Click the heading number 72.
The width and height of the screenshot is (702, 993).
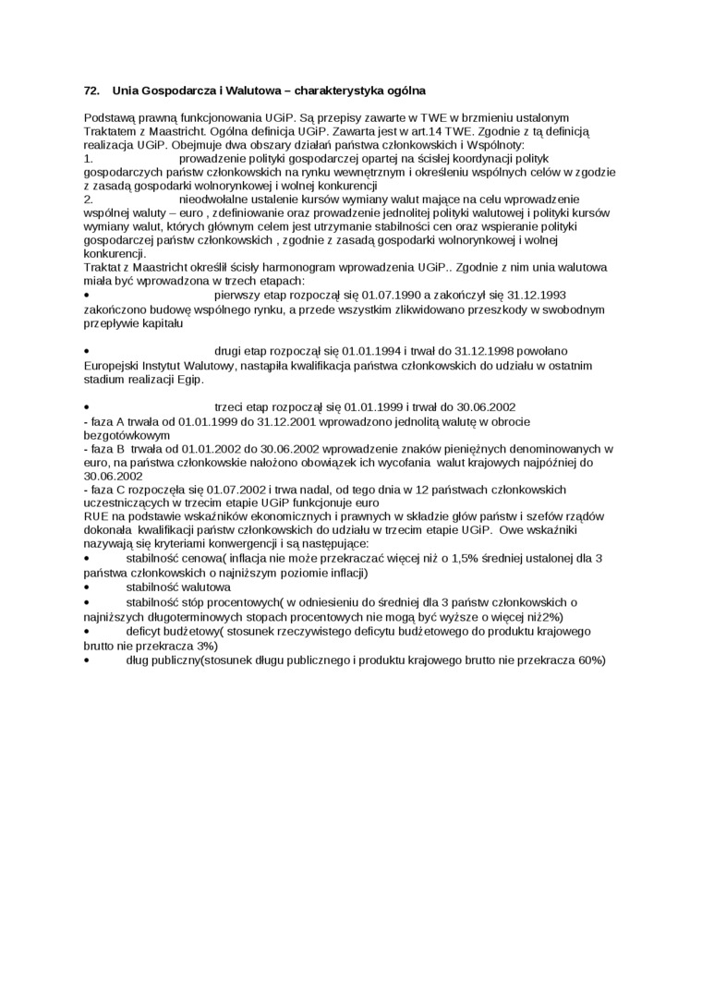[x=91, y=91]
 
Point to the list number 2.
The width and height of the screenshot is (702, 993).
[x=88, y=199]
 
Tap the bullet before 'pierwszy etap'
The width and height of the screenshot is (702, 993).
[x=86, y=296]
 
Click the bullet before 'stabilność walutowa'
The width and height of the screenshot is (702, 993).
[x=86, y=587]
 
